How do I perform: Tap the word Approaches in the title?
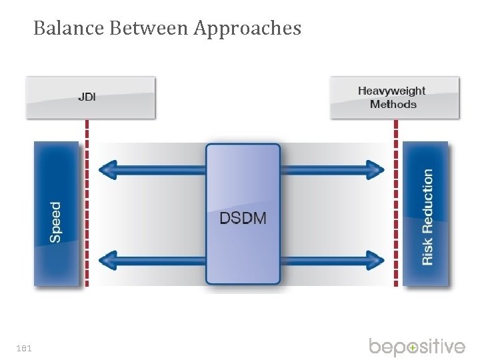click(x=248, y=29)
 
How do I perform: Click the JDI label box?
click(x=91, y=97)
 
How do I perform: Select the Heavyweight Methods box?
click(x=395, y=97)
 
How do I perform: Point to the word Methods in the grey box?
click(x=393, y=105)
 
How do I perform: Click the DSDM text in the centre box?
click(x=243, y=218)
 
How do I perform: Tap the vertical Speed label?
click(x=55, y=222)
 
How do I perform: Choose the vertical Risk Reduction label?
click(x=427, y=217)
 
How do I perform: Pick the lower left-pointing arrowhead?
click(x=107, y=260)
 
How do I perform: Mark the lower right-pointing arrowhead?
click(x=377, y=260)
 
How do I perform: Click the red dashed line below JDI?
click(x=87, y=200)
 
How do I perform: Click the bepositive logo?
click(x=417, y=347)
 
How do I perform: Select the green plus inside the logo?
click(x=413, y=348)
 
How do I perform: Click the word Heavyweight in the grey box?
click(x=392, y=91)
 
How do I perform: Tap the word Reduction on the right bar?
click(x=427, y=201)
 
